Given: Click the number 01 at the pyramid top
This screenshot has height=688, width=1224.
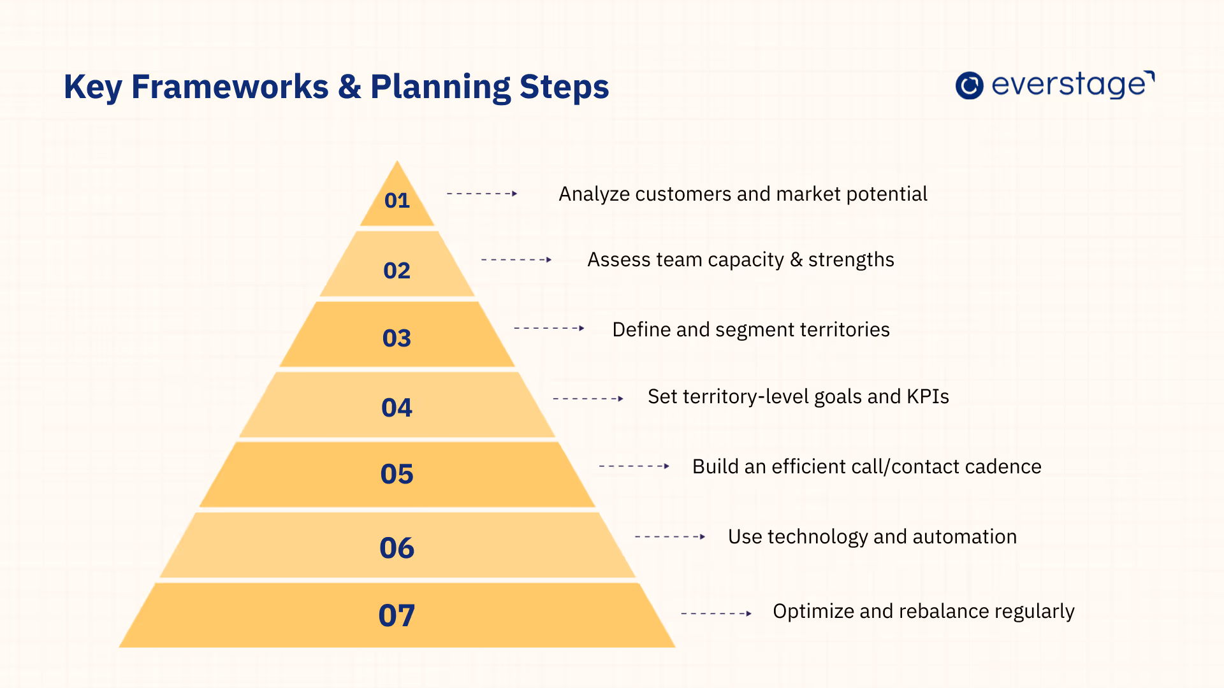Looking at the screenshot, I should (397, 201).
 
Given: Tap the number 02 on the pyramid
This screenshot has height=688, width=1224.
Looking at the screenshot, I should (397, 271).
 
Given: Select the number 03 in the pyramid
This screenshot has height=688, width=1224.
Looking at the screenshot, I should (397, 338).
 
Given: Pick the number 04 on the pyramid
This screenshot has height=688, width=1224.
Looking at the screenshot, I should (397, 408).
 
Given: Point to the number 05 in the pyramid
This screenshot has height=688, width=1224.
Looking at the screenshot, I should (397, 475).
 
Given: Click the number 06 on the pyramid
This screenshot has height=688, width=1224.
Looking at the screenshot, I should (397, 548).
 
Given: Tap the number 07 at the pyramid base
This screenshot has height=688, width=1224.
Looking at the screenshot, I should (397, 615).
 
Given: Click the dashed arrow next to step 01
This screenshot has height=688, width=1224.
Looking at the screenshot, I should (481, 194).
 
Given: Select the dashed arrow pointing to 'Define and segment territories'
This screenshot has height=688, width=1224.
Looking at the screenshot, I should (549, 328).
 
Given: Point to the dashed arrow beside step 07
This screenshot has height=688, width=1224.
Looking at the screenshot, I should (716, 613).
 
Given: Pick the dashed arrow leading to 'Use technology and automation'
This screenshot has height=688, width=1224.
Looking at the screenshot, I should (669, 537).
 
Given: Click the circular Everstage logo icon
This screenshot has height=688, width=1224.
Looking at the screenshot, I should (969, 85).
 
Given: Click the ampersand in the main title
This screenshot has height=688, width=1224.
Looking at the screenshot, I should (349, 87).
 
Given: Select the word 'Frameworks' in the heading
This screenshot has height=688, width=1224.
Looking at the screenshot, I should (229, 87).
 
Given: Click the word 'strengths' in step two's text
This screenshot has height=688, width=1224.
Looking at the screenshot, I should (851, 260).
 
